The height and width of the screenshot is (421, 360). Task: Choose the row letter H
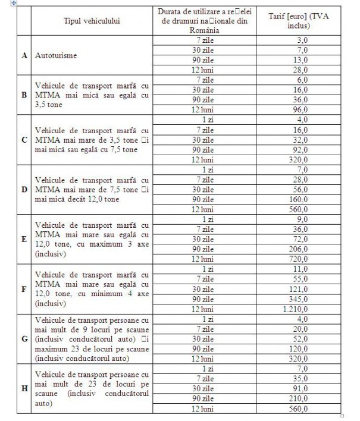click(24, 388)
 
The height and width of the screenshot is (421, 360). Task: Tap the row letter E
click(24, 239)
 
